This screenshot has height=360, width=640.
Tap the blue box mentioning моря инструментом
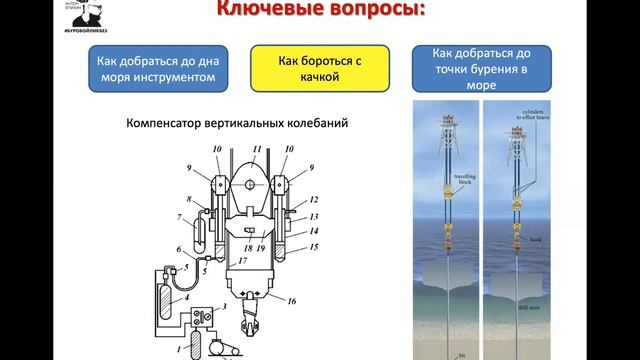[157, 69]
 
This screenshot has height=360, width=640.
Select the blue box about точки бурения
[476, 69]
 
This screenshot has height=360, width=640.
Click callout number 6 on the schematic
[179, 250]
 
